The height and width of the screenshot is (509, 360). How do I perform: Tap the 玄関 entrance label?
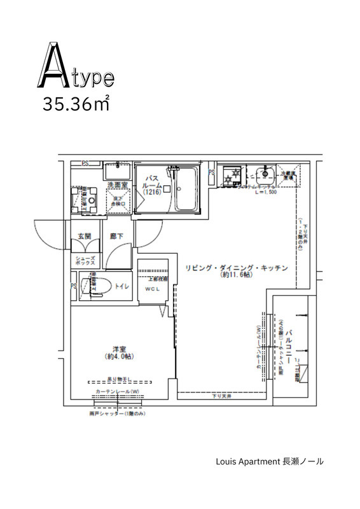pos(85,236)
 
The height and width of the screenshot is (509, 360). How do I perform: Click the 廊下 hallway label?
pos(116,236)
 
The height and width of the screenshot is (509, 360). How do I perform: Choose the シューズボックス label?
pos(85,258)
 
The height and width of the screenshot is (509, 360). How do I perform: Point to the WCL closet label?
pos(153,290)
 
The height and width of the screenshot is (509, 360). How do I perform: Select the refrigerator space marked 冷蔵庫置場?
pos(291,176)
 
